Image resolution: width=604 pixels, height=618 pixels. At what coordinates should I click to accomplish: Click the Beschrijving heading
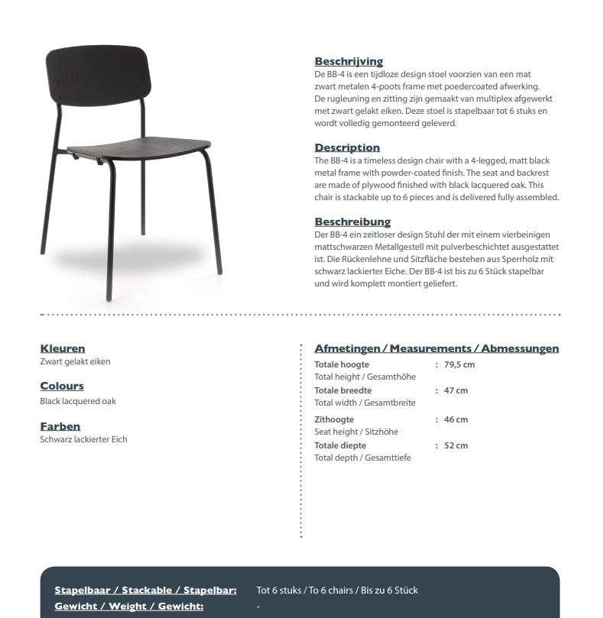(349, 61)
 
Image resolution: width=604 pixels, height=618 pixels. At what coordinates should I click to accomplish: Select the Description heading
(347, 147)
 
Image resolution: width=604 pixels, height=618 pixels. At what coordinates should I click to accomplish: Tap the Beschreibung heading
(352, 222)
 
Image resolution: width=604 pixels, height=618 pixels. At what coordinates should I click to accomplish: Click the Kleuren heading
(63, 348)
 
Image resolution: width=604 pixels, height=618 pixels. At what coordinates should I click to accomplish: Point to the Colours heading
(62, 386)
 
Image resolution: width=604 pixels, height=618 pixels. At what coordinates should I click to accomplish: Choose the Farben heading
(60, 426)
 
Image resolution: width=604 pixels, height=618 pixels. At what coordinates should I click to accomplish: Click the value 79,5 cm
(459, 364)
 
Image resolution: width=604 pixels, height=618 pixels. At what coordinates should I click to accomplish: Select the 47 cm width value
(456, 390)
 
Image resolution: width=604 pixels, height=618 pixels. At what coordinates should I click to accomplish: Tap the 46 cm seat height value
(456, 419)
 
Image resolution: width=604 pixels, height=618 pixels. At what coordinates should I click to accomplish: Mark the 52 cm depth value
(456, 445)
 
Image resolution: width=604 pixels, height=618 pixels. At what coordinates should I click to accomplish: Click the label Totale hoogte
(342, 364)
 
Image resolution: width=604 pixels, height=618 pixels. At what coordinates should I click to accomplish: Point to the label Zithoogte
(334, 419)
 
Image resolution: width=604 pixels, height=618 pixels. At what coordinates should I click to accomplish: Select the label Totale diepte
(340, 445)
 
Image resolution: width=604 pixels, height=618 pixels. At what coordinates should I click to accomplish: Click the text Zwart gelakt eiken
(75, 361)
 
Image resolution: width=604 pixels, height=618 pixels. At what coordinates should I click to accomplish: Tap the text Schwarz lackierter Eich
(83, 439)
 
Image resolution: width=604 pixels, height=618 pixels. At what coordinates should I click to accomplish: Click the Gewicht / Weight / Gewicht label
(128, 606)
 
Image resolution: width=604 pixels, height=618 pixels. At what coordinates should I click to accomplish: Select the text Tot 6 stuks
(278, 590)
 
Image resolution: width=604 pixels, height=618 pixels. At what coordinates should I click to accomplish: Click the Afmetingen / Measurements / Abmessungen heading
(437, 348)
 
